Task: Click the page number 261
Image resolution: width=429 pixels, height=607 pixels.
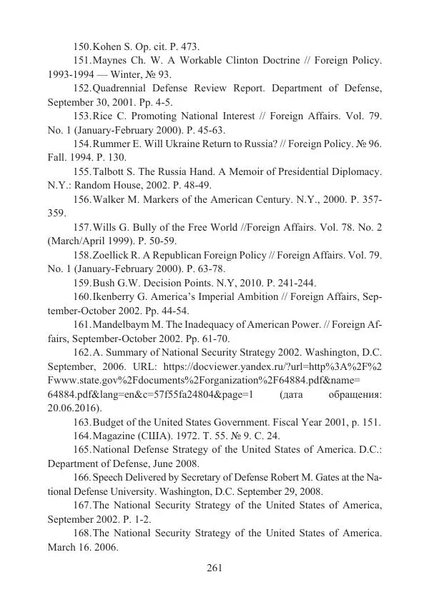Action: coord(214,568)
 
